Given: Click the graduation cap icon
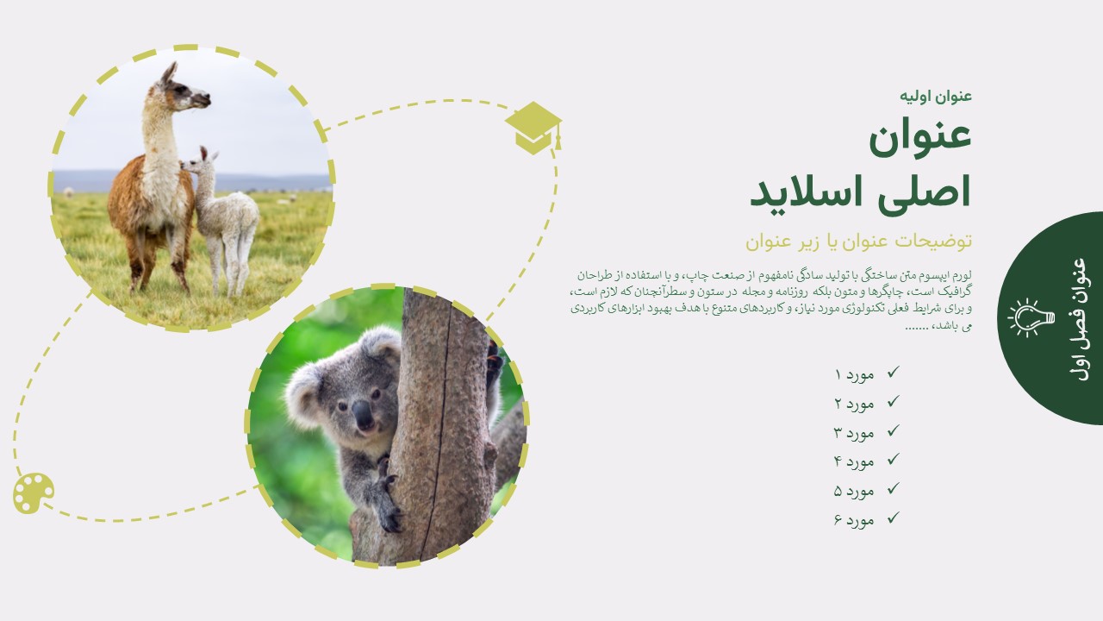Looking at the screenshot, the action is [533, 128].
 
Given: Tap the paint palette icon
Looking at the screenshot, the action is [34, 493].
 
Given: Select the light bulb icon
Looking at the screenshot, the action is [1031, 318].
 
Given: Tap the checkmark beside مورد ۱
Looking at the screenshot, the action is [894, 372].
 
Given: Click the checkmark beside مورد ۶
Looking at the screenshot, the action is [894, 517].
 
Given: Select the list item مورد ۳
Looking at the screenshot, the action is [854, 433].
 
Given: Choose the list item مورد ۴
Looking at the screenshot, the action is [854, 461].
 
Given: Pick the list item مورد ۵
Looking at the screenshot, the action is [854, 491].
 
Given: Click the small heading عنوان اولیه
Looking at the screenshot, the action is [936, 96].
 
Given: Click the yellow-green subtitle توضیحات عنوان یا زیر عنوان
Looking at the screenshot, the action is [858, 241].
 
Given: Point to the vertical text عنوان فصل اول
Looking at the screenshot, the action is [1078, 319].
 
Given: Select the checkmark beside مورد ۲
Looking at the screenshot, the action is [894, 401].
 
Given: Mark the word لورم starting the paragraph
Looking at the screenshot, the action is [961, 274].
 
